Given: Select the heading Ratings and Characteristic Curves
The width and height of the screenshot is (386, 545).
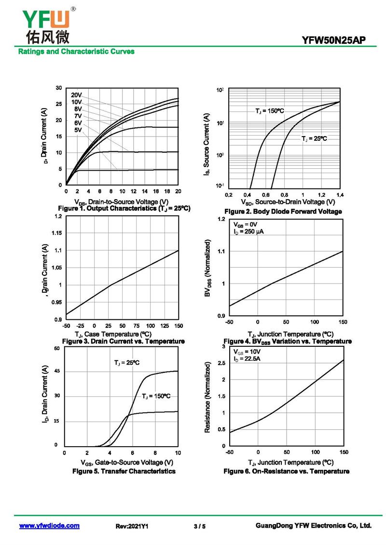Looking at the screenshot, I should (76, 51).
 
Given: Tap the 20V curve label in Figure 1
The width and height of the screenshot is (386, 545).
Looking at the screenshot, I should (77, 95).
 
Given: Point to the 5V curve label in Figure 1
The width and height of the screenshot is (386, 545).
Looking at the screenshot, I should (78, 130).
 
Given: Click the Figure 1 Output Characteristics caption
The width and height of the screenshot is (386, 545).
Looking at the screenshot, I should (124, 208).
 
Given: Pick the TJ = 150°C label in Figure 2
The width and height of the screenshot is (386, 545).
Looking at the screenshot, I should (270, 111).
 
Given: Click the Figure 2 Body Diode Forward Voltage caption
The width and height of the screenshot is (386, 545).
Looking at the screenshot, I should (283, 212).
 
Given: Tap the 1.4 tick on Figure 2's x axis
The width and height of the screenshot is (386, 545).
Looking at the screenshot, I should (339, 194).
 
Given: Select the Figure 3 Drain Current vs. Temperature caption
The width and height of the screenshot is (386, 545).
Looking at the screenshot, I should (124, 341).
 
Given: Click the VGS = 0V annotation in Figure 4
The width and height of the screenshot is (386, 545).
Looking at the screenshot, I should (246, 225).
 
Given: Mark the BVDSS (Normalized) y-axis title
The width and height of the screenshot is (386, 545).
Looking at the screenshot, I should (207, 268).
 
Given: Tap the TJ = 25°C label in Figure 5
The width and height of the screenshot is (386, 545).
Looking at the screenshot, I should (127, 363).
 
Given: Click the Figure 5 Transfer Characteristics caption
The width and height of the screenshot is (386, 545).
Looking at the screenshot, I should (124, 471).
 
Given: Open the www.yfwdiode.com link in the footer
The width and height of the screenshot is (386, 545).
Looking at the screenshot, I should (49, 526).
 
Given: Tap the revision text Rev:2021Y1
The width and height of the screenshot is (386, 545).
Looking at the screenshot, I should (132, 526).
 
